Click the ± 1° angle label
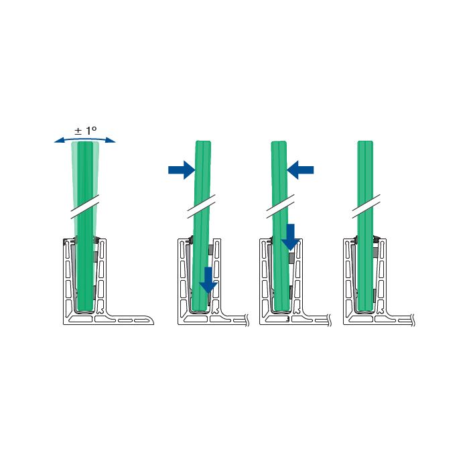[86, 131]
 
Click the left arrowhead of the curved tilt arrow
[58, 141]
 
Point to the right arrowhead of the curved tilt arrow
[111, 141]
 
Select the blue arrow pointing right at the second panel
[182, 170]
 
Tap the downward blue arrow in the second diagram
[208, 280]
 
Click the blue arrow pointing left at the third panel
[300, 170]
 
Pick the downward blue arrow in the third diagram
[290, 237]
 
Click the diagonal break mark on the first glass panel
[85, 207]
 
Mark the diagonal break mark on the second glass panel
[201, 206]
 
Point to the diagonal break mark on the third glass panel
[281, 206]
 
